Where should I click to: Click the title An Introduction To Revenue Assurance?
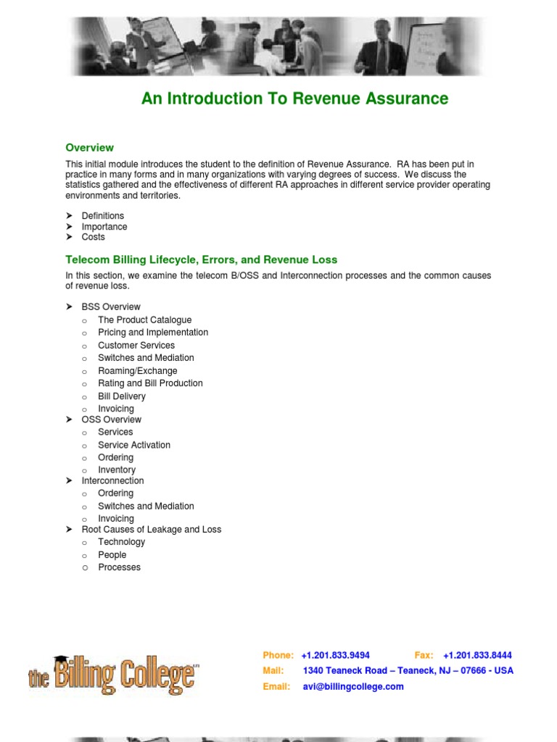point(294,99)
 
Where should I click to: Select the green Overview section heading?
point(90,148)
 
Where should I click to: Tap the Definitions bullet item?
point(103,216)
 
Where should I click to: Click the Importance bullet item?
point(104,227)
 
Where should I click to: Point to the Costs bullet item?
point(94,237)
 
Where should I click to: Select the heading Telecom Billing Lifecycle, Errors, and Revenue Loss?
point(202,259)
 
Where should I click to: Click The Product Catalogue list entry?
point(145,320)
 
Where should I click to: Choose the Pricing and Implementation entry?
point(153,333)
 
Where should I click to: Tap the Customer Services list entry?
point(136,345)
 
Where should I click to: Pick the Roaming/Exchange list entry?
point(138,370)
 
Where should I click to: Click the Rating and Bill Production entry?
point(151,383)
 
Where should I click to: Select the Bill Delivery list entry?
point(122,396)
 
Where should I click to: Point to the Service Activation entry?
point(134,445)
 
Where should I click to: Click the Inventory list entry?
point(117,470)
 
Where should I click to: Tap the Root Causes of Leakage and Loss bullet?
point(152,530)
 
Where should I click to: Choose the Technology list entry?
point(122,542)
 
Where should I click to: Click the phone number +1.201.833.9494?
point(335,655)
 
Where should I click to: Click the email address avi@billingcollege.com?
point(353,686)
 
